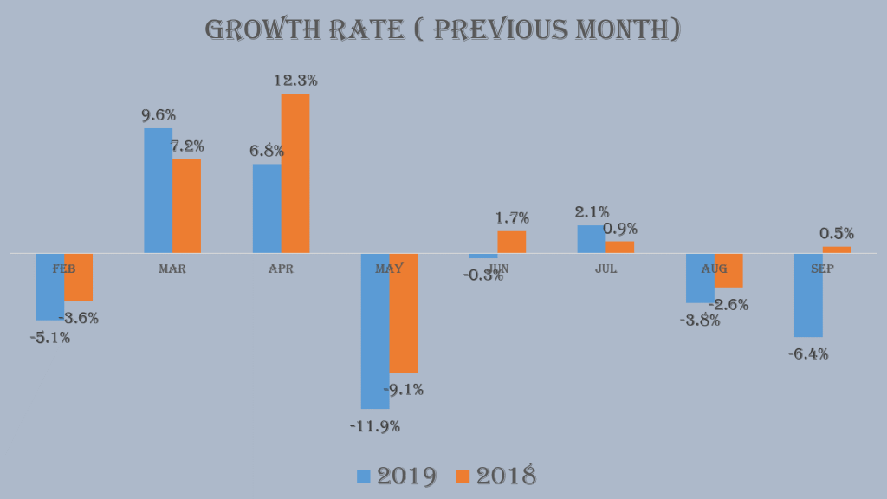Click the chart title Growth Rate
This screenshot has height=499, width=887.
click(x=443, y=29)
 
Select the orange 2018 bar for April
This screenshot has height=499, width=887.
click(x=295, y=172)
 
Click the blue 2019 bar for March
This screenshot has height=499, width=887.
click(x=158, y=190)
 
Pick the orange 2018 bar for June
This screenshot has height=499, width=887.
click(x=511, y=242)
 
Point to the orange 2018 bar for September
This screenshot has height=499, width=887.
click(x=837, y=249)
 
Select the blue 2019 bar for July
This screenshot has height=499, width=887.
click(x=592, y=239)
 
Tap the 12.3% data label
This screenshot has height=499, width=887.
click(x=295, y=81)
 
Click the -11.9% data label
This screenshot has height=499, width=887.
click(x=375, y=426)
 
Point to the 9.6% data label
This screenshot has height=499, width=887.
click(x=159, y=115)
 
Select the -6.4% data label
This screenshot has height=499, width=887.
click(x=808, y=353)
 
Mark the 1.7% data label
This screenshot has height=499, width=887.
click(x=512, y=218)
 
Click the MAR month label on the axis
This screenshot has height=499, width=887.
click(x=172, y=269)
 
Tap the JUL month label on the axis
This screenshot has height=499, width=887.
click(x=606, y=269)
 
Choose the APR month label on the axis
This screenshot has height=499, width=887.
click(x=281, y=269)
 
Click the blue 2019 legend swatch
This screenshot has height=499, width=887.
click(x=364, y=476)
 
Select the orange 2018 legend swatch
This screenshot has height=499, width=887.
click(x=463, y=476)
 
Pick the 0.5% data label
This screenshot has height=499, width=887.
click(x=837, y=233)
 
